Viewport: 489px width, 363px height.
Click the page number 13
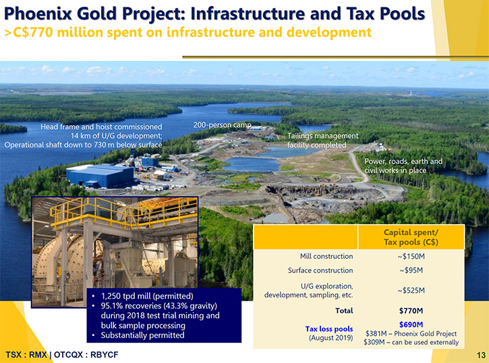pyautogui.click(x=481, y=355)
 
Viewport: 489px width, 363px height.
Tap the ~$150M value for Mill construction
pyautogui.click(x=411, y=256)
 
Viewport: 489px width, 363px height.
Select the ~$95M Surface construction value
pyautogui.click(x=411, y=270)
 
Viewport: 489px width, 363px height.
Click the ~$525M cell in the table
pyautogui.click(x=411, y=291)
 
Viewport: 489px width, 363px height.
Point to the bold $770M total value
pyautogui.click(x=411, y=311)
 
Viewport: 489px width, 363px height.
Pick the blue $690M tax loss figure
pyautogui.click(x=411, y=324)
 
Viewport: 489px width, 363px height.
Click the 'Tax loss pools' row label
pyautogui.click(x=329, y=329)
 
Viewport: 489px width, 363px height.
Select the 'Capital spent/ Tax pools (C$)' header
pyautogui.click(x=411, y=237)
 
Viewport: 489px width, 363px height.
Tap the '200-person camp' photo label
pyautogui.click(x=223, y=125)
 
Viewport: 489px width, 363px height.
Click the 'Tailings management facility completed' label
pyautogui.click(x=323, y=141)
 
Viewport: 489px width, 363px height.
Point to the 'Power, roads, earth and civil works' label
pyautogui.click(x=403, y=166)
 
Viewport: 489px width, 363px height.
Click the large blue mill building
pyautogui.click(x=100, y=176)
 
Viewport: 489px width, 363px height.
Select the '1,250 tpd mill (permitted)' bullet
pyautogui.click(x=147, y=296)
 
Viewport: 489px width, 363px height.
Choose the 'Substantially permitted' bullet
pyautogui.click(x=142, y=335)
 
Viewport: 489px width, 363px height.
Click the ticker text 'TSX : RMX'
pyautogui.click(x=26, y=355)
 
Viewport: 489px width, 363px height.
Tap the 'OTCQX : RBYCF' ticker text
pyautogui.click(x=86, y=355)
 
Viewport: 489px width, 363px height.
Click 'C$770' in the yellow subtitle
pyautogui.click(x=33, y=32)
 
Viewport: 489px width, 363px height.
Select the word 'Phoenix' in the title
pyautogui.click(x=38, y=14)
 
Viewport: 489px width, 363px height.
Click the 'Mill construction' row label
pyautogui.click(x=326, y=256)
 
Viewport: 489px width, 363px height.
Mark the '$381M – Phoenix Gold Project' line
pyautogui.click(x=411, y=334)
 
